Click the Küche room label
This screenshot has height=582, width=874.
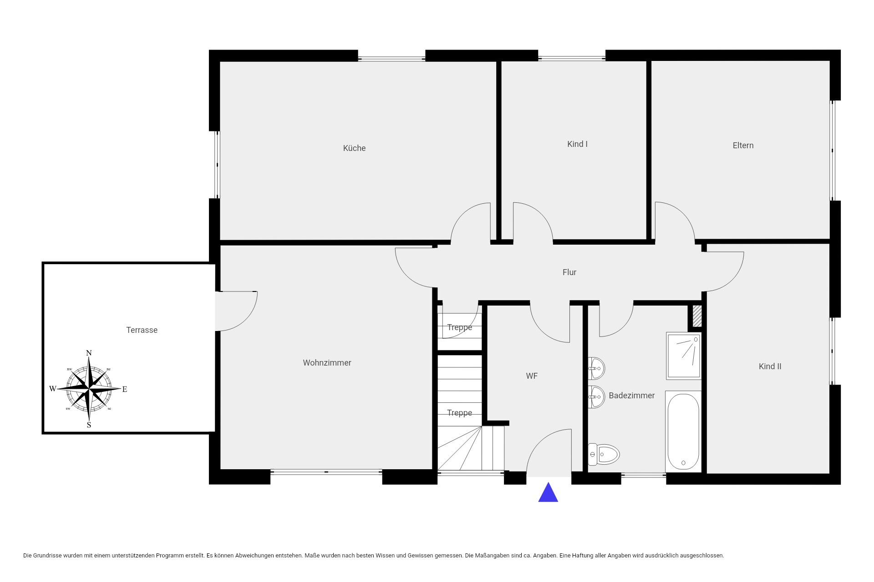[x=354, y=148]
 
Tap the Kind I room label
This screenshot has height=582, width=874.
[x=577, y=144]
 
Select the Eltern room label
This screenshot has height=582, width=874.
[x=743, y=145]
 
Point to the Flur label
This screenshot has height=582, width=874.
[x=569, y=272]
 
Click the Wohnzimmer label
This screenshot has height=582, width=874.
[x=327, y=363]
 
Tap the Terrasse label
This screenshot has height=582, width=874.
[x=142, y=330]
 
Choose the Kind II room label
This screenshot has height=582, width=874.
[x=770, y=366]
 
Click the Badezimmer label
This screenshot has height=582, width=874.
[x=631, y=396]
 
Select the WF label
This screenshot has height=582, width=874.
[x=532, y=376]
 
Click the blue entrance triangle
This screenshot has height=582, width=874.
[x=548, y=493]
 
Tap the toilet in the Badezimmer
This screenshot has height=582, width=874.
[x=604, y=454]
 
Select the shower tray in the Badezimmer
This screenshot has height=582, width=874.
[x=684, y=356]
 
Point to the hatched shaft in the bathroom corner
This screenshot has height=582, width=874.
[x=697, y=316]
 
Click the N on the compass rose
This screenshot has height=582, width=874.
[x=89, y=353]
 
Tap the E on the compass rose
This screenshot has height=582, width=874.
[x=125, y=389]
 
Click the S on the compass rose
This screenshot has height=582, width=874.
[x=89, y=425]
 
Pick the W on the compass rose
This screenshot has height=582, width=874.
[x=53, y=389]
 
